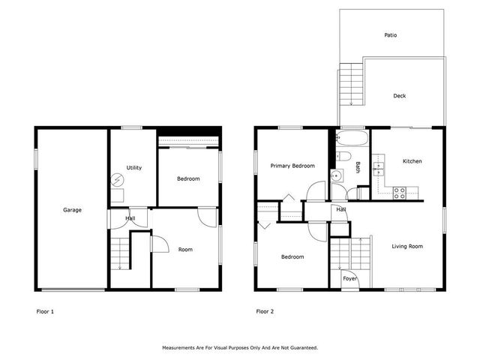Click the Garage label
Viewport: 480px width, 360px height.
72,210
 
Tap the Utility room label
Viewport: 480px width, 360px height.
134,167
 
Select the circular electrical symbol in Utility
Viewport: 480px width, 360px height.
118,180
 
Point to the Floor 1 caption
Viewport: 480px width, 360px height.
45,311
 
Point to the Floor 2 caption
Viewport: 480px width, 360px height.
264,311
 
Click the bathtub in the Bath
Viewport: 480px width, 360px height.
349,139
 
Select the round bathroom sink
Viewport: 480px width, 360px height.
337,176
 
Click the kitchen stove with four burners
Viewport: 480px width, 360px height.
400,191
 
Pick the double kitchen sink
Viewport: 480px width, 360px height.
379,166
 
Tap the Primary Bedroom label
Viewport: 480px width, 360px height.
292,166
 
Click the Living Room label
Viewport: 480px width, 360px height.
407,246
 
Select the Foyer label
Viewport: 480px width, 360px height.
349,278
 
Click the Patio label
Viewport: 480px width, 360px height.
391,35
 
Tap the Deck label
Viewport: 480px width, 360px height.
400,96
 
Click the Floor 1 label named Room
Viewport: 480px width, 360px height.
185,250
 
